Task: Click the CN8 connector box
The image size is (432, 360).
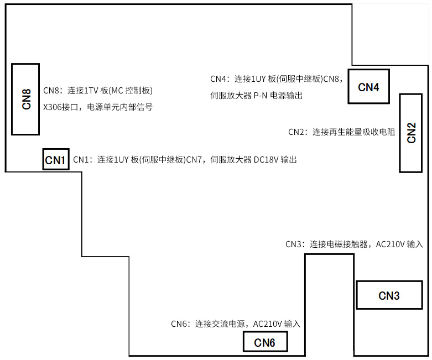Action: point(25,99)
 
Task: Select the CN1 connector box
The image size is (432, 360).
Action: point(55,160)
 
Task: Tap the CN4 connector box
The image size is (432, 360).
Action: point(368,87)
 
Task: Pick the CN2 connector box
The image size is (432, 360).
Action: point(411,133)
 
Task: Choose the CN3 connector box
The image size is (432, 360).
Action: point(388,295)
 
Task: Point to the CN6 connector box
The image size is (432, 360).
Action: point(265,342)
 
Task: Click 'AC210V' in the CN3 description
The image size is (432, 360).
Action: point(391,244)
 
